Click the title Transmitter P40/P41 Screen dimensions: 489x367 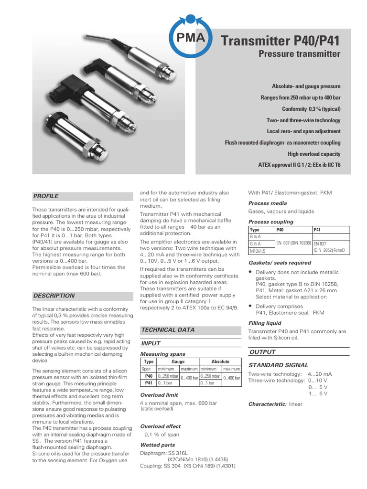pos(281,41)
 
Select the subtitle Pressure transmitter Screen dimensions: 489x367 pos(299,54)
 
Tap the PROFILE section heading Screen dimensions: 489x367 pos(46,196)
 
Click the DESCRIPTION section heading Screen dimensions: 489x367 pos(54,296)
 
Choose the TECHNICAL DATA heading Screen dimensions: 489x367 pos(168,330)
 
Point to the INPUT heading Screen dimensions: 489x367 pos(151,343)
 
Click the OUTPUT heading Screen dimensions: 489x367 pos(262,352)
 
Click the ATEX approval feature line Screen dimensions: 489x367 pos(299,165)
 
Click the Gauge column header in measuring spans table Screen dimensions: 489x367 pos(178,362)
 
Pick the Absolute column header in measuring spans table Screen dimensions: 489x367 pos(220,362)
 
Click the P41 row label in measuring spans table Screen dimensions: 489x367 pos(149,383)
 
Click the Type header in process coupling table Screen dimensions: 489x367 pos(255,230)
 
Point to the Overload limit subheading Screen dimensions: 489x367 pos(159,395)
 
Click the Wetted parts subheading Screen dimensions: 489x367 pos(157,445)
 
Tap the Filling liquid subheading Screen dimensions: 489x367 pos(265,323)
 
